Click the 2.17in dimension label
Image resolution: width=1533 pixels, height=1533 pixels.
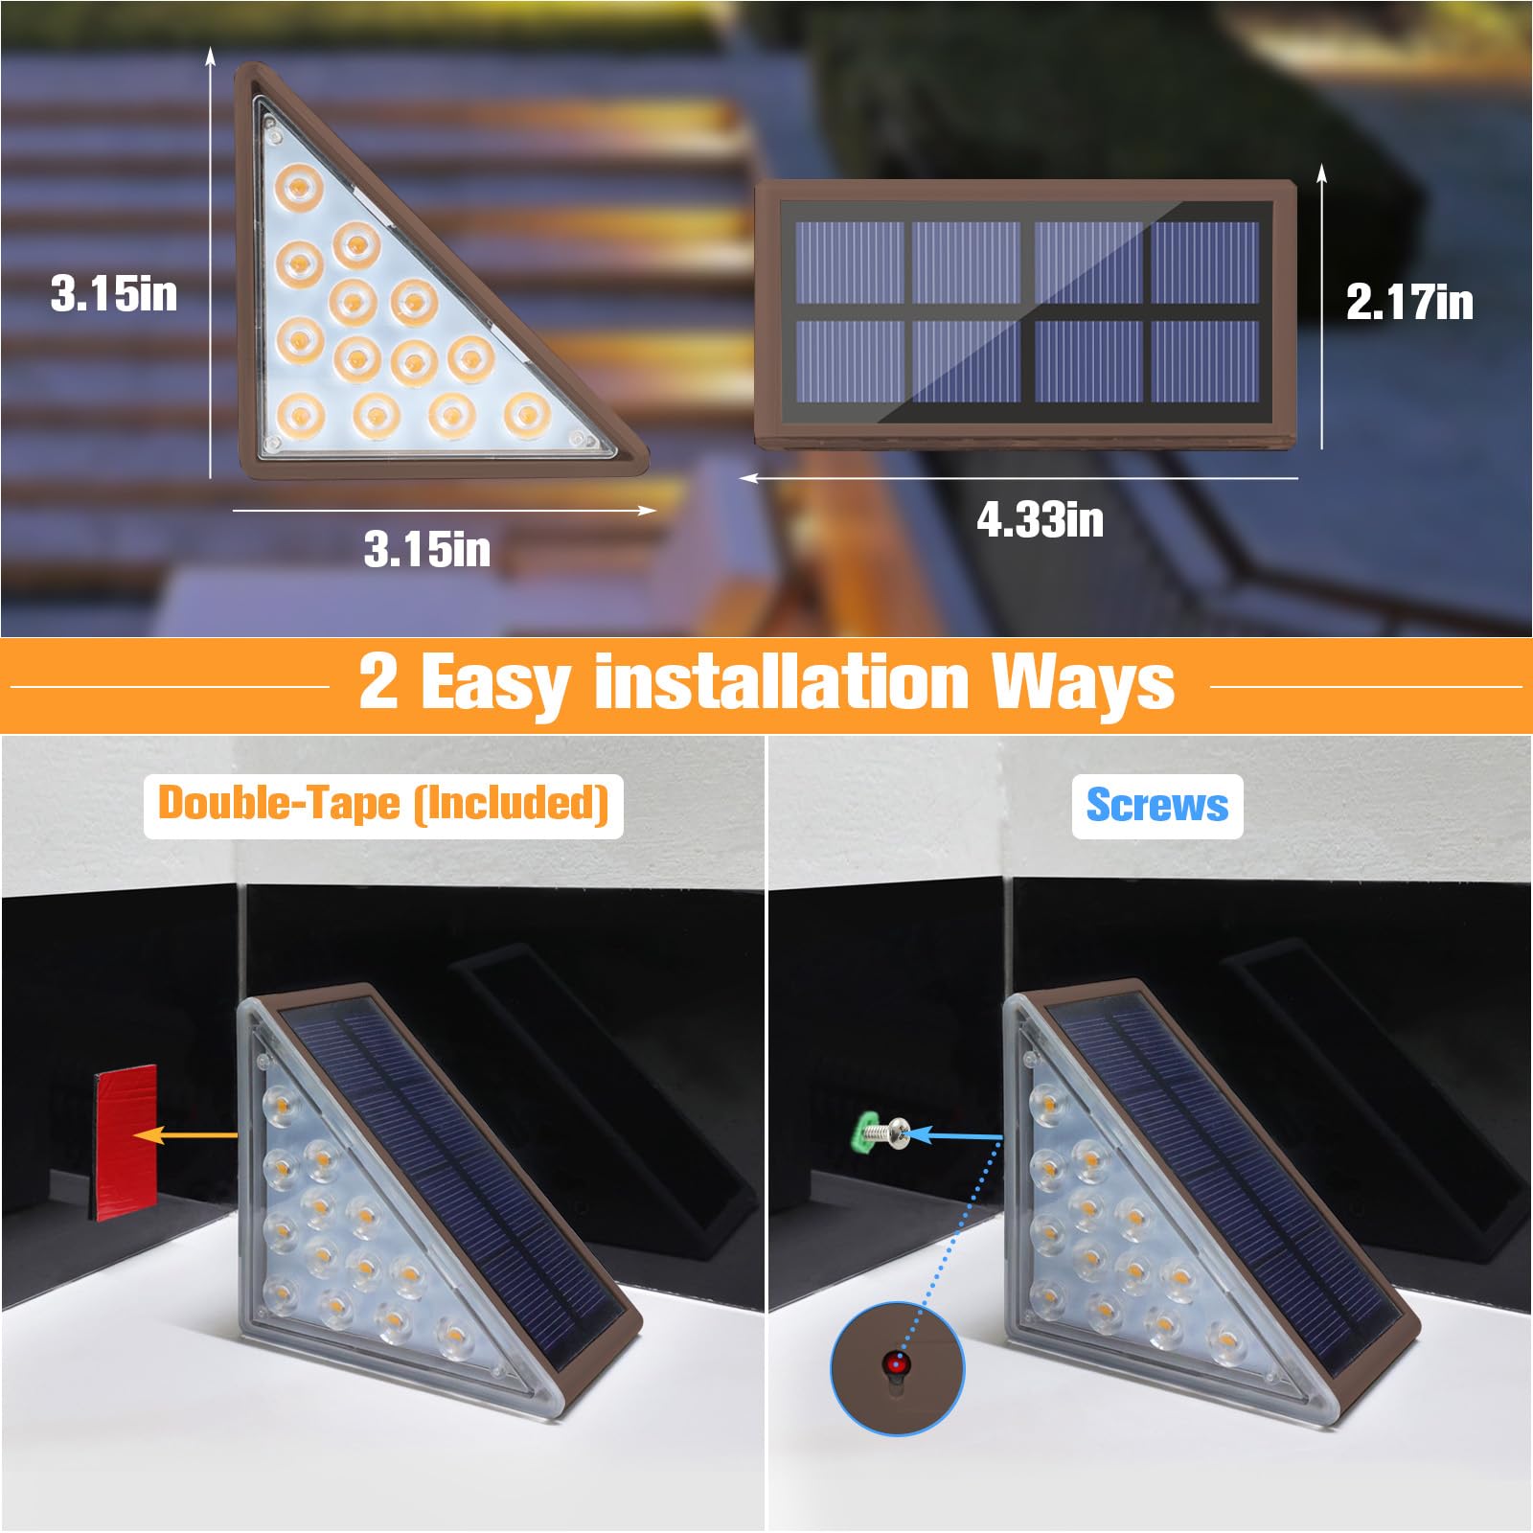click(x=1409, y=303)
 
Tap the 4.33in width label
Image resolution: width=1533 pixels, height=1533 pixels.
click(x=1040, y=520)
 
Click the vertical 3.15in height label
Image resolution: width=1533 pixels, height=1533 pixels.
click(x=114, y=293)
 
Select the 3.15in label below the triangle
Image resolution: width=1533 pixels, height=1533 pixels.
click(x=427, y=550)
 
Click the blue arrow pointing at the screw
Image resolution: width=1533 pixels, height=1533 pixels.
click(x=953, y=1136)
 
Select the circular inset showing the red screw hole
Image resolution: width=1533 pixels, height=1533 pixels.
click(x=897, y=1367)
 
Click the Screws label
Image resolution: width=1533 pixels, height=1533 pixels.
click(x=1156, y=806)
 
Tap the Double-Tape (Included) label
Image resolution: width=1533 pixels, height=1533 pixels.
click(x=383, y=805)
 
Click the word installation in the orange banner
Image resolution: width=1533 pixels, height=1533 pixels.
click(x=781, y=682)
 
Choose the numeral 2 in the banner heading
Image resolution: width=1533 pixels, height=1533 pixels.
click(x=378, y=682)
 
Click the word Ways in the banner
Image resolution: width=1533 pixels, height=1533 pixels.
click(x=1083, y=682)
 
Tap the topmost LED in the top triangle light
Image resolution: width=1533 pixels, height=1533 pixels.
click(x=299, y=184)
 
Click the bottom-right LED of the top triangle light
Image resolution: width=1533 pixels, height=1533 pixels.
click(x=528, y=414)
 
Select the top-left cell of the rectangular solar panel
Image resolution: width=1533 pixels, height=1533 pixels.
click(x=850, y=263)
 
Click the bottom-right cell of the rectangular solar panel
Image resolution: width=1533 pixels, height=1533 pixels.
click(x=1204, y=360)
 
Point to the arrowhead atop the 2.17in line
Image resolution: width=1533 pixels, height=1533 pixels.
click(x=1322, y=172)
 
